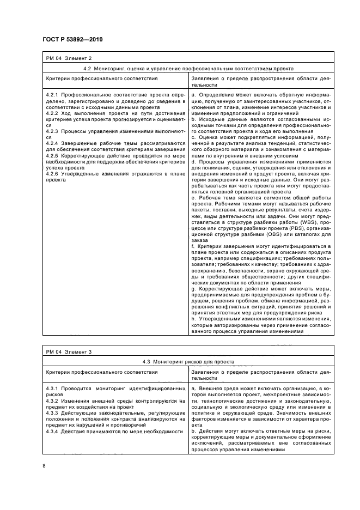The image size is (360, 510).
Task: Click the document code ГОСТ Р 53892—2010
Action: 72,40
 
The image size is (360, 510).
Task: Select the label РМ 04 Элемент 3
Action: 69,351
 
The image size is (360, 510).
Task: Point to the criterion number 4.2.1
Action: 52,95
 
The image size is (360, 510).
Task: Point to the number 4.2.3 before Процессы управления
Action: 52,130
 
